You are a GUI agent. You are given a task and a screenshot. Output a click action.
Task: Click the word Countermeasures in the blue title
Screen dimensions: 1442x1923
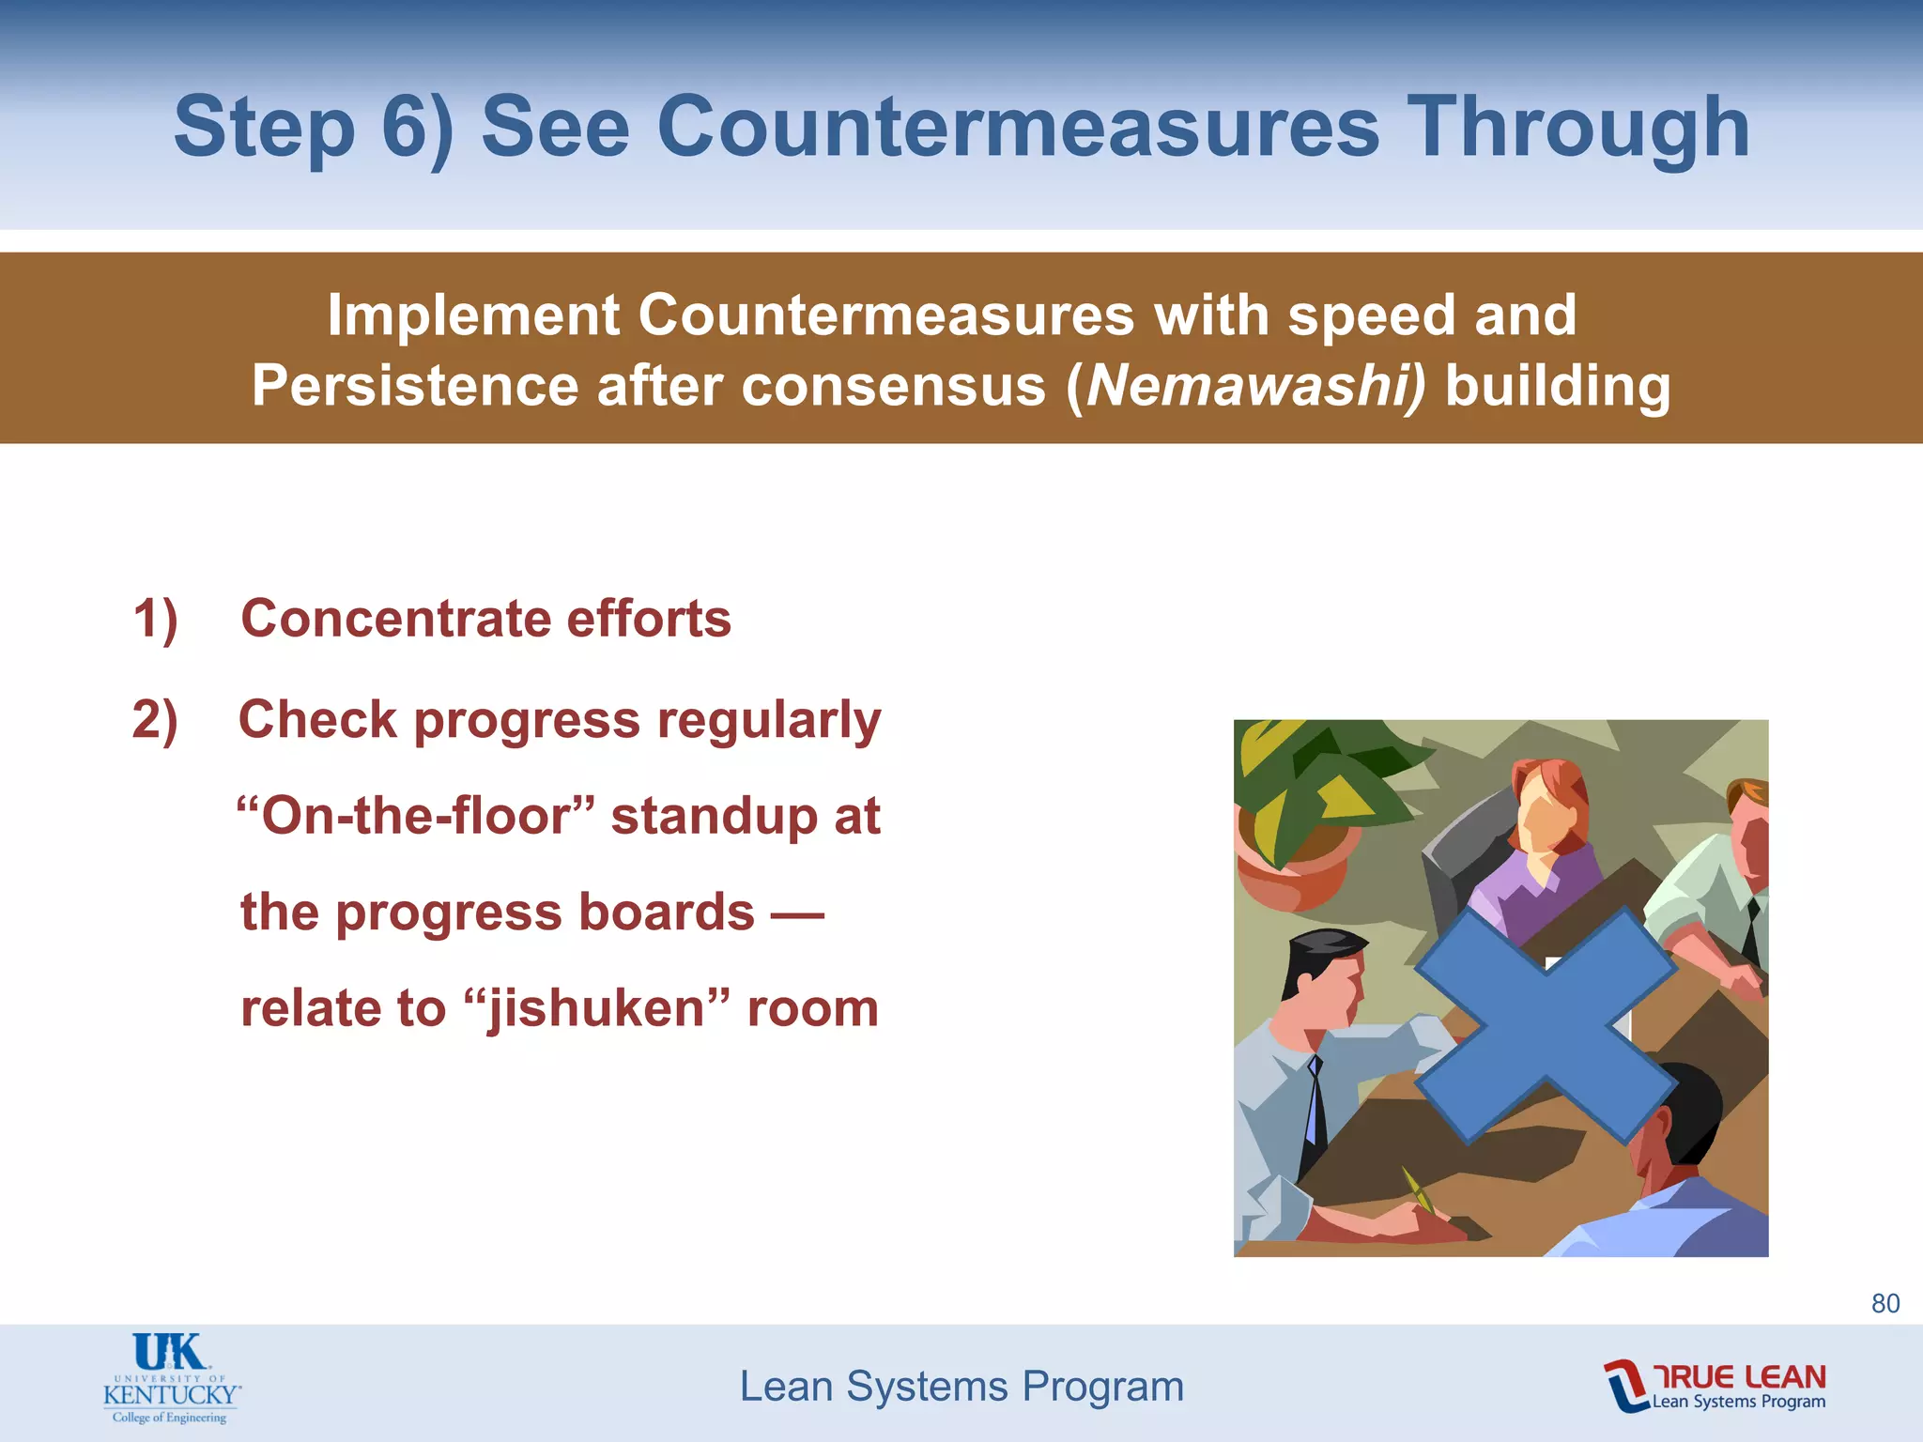1018,127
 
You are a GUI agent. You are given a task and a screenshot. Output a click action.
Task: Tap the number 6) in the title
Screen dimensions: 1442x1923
417,129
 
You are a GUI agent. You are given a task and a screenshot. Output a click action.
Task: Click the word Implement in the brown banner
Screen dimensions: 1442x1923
473,314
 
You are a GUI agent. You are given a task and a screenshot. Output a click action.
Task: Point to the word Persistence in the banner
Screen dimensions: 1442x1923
414,386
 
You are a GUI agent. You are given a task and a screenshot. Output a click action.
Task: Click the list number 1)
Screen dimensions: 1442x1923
155,620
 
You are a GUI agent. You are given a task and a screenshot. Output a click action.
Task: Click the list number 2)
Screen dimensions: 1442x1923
155,721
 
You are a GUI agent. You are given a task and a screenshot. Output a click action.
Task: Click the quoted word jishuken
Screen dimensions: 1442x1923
597,1009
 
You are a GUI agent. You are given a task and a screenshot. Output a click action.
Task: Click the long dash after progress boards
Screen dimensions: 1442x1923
797,913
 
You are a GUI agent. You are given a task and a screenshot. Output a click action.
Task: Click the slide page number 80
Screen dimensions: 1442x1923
1885,1303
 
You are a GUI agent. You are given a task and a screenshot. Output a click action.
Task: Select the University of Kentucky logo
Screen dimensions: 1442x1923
170,1378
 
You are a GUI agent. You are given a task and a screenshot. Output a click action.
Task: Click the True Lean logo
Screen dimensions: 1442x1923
1715,1385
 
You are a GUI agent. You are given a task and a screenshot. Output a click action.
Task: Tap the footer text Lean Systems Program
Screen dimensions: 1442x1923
961,1387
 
